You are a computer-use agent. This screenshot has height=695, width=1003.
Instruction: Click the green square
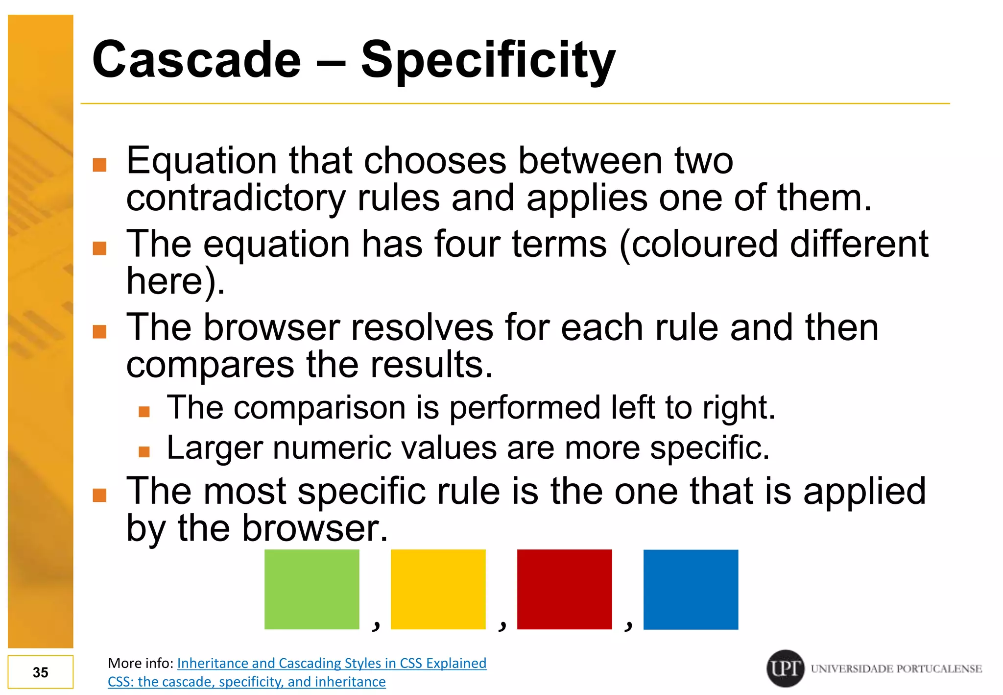click(x=311, y=589)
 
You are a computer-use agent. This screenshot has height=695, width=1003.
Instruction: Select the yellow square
click(x=438, y=589)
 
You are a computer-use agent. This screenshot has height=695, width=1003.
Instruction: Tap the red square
click(x=564, y=589)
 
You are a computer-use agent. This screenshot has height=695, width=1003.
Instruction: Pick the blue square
click(x=691, y=589)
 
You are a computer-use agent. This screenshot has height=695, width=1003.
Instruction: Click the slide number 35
click(x=41, y=672)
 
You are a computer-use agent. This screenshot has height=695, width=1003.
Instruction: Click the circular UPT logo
click(x=785, y=668)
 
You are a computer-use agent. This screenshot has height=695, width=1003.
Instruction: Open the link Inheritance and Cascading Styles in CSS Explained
click(x=332, y=663)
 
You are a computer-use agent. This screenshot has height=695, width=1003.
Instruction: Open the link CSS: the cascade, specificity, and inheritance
click(x=246, y=682)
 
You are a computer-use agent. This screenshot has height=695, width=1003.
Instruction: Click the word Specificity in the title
click(x=488, y=60)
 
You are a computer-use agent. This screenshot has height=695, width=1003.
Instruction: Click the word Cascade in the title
click(x=196, y=60)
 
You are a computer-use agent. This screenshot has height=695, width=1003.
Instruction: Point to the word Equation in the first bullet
click(x=201, y=161)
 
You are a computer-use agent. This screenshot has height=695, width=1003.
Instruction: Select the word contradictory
click(x=236, y=199)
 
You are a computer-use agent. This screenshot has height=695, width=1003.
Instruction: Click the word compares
click(x=210, y=365)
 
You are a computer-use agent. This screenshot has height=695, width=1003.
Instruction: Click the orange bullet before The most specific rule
click(x=99, y=496)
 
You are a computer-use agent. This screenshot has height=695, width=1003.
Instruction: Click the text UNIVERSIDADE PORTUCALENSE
click(x=896, y=669)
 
